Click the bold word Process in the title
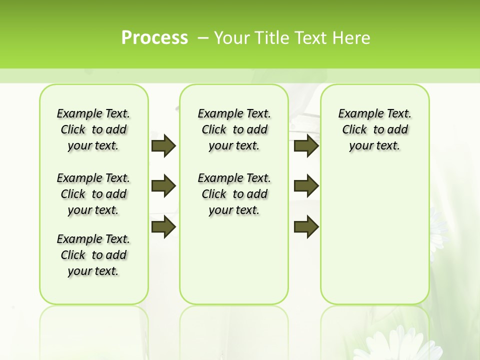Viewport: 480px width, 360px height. point(154,38)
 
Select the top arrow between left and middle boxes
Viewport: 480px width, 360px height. point(163,145)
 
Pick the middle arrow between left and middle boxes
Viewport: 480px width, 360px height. point(163,186)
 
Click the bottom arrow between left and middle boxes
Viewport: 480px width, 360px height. point(163,227)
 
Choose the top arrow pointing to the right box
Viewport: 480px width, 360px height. point(306,145)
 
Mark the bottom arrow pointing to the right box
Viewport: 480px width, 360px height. point(306,227)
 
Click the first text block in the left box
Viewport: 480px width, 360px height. point(93,129)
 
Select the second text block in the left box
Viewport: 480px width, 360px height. point(93,194)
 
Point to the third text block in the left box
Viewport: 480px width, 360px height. point(93,255)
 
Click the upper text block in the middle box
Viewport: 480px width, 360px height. point(234,129)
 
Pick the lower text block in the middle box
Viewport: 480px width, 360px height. point(234,194)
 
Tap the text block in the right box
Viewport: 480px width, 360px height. point(375,129)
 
